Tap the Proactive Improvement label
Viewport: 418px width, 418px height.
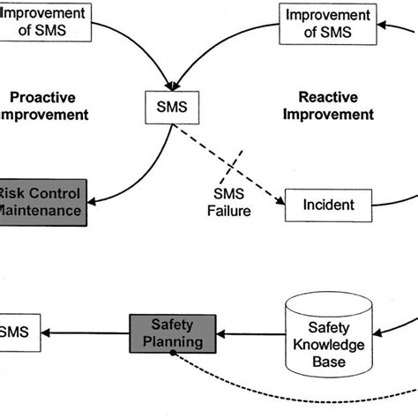(44, 105)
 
